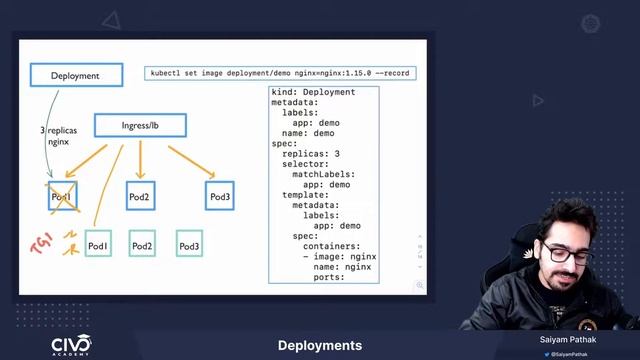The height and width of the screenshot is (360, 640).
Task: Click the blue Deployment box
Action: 76,75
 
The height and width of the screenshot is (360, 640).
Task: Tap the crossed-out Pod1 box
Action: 63,197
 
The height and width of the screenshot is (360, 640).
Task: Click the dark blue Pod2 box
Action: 139,197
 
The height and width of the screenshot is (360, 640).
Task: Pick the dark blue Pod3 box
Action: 221,197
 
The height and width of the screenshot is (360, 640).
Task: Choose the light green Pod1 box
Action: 98,245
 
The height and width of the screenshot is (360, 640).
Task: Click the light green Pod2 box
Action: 142,245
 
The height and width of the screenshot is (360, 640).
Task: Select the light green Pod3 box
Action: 189,245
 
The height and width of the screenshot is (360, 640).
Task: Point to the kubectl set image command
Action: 280,73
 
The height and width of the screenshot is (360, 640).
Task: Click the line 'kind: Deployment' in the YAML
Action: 313,93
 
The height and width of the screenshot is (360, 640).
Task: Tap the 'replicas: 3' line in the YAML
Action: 310,154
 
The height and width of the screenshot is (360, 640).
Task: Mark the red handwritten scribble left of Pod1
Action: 41,244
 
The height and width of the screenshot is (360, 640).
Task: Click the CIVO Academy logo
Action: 71,345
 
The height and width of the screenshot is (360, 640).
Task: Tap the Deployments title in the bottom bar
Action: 320,346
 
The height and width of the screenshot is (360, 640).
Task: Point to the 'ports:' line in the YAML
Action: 329,277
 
